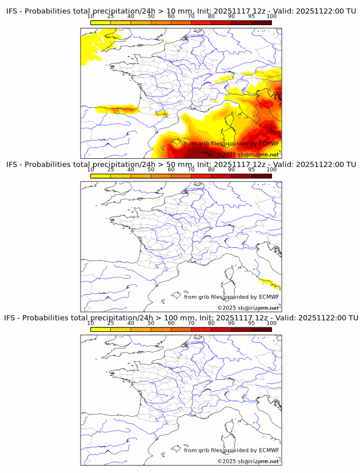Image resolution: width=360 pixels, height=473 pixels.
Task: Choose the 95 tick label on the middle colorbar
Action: [251, 169]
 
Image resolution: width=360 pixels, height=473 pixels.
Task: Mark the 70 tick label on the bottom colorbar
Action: [191, 323]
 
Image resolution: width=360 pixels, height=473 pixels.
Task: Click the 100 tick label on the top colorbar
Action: [271, 17]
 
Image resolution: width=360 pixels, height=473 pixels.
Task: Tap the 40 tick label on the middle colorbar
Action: [131, 169]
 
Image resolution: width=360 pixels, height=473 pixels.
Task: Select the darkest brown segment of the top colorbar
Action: [261, 22]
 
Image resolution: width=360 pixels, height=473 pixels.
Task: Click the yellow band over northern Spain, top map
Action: [117, 109]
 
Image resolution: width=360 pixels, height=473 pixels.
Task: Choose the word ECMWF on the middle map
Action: [269, 297]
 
